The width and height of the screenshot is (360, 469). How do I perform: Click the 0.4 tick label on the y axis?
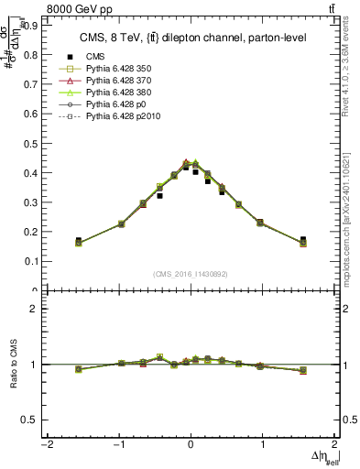click(30, 173)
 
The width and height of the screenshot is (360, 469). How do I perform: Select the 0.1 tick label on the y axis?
click(30, 261)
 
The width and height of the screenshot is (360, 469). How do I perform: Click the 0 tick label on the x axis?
click(191, 444)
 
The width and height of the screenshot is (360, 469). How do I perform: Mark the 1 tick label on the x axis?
click(263, 444)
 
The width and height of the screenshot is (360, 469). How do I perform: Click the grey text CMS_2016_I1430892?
click(191, 273)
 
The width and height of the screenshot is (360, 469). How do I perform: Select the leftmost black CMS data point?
click(78, 241)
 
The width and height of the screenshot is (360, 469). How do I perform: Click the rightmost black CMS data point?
click(303, 240)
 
